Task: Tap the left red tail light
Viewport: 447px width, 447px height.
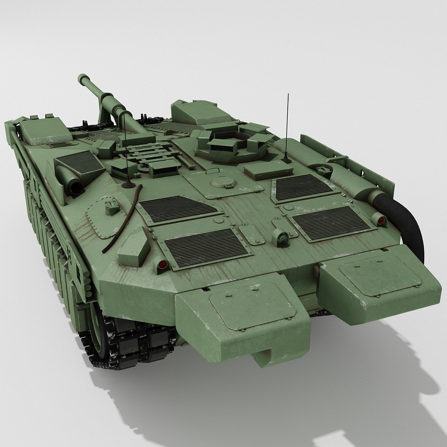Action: click(161, 264)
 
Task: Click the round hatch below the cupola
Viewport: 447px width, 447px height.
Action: click(219, 182)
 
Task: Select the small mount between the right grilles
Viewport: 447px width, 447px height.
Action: click(283, 237)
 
